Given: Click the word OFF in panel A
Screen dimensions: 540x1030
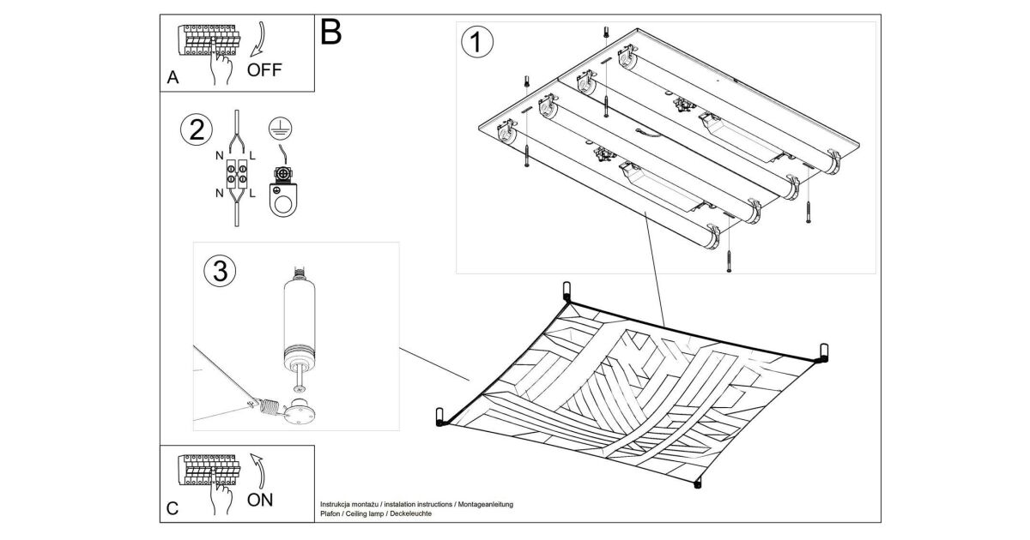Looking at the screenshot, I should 264,69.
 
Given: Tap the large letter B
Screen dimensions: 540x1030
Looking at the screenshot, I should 331,33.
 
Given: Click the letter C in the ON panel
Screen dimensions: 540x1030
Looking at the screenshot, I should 173,509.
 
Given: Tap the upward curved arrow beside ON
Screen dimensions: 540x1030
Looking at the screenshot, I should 258,471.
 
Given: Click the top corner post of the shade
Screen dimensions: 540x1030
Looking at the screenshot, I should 566,290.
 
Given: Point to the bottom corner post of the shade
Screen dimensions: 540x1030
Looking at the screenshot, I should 697,485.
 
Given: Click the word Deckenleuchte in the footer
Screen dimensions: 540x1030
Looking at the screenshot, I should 409,513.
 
